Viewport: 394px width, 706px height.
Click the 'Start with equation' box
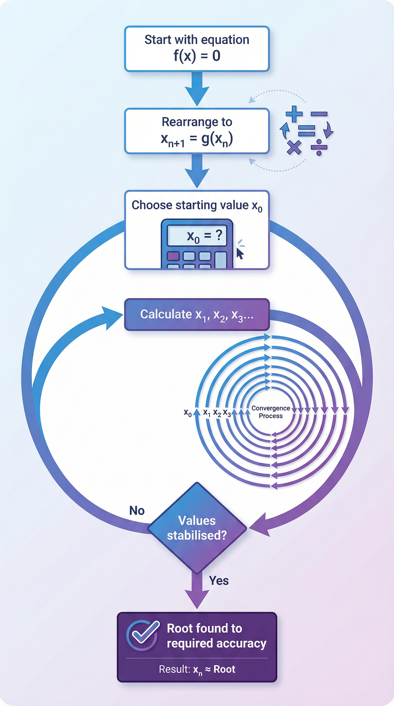pyautogui.click(x=197, y=49)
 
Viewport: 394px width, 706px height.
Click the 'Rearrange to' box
pyautogui.click(x=197, y=131)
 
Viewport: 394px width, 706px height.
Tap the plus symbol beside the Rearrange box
pyautogui.click(x=294, y=114)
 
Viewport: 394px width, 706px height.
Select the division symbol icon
pyautogui.click(x=319, y=148)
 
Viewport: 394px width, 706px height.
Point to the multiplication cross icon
pyautogui.click(x=294, y=147)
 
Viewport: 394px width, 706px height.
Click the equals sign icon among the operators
pyautogui.click(x=306, y=131)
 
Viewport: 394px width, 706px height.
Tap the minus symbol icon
pyautogui.click(x=319, y=114)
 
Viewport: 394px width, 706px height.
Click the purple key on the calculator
pyautogui.click(x=173, y=256)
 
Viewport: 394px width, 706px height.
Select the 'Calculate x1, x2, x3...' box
pyautogui.click(x=197, y=315)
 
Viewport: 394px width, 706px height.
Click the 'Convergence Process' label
pyautogui.click(x=271, y=412)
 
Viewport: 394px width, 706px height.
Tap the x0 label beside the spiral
pyautogui.click(x=188, y=413)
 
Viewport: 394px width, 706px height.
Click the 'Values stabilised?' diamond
pyautogui.click(x=197, y=528)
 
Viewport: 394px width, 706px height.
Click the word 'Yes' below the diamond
pyautogui.click(x=219, y=581)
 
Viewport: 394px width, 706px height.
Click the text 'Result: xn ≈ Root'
pyautogui.click(x=197, y=669)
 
